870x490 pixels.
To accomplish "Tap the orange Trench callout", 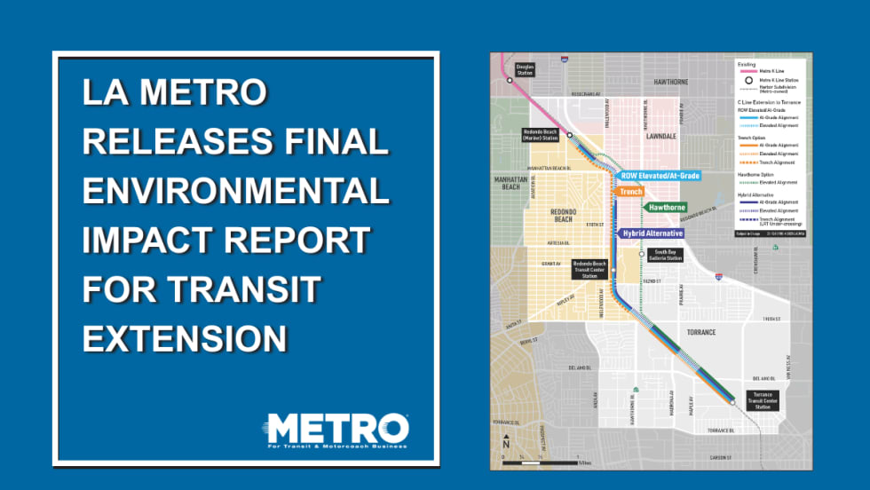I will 630,191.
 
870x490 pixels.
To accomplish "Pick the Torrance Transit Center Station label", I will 763,399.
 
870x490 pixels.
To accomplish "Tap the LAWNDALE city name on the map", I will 660,137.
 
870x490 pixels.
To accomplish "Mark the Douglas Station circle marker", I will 510,80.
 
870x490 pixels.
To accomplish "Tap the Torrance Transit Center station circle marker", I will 733,402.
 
